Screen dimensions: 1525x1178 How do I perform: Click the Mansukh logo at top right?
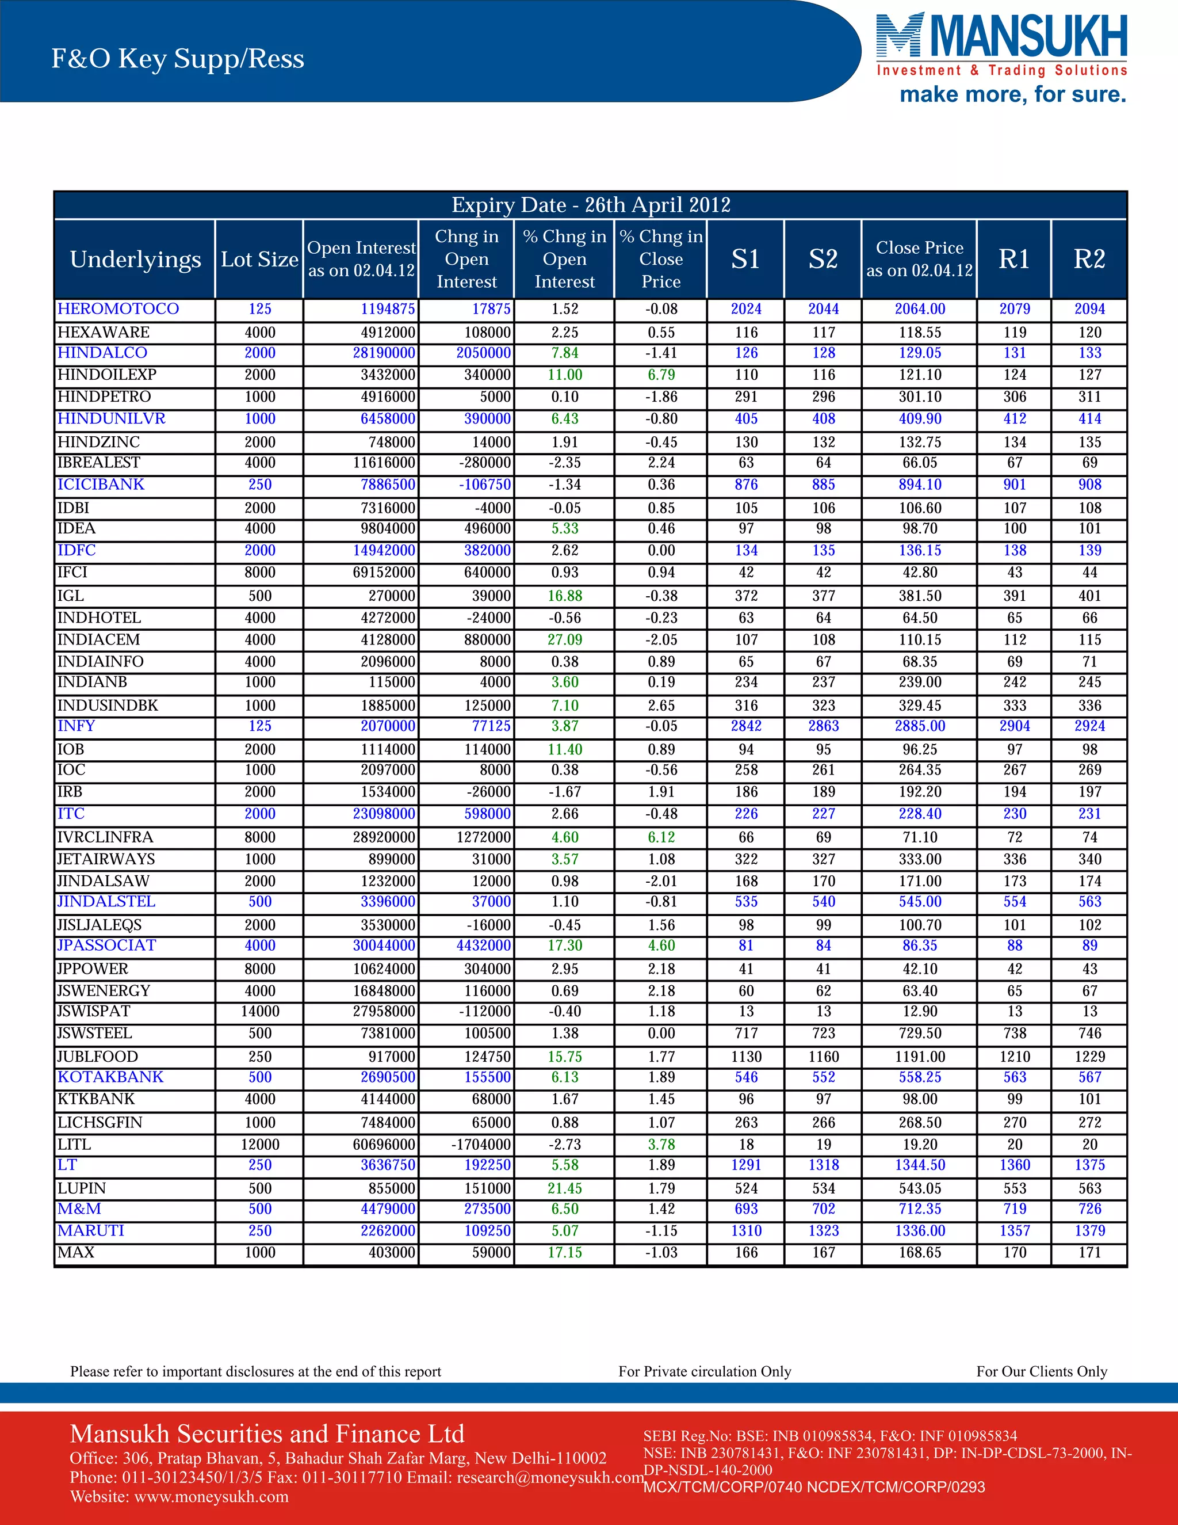point(1001,39)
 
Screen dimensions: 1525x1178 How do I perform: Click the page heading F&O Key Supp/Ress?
point(177,59)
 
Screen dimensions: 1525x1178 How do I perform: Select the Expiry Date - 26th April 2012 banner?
point(590,205)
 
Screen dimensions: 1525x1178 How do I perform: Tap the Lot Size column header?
point(259,259)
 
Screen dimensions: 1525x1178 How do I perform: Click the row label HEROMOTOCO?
point(118,308)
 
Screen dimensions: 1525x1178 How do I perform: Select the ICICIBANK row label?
point(101,485)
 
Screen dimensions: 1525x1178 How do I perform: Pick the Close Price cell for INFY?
point(919,726)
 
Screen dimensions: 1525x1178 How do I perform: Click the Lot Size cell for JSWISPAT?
point(259,1011)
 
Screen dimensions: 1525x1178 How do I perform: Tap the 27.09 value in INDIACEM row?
point(565,639)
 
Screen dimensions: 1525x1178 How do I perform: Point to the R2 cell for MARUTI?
point(1089,1231)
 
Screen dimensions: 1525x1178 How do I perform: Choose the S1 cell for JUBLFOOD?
point(746,1057)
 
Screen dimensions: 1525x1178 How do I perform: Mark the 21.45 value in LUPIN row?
point(565,1188)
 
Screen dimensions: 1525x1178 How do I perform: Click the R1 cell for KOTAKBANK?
point(1014,1077)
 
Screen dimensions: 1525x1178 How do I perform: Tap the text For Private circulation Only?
point(704,1371)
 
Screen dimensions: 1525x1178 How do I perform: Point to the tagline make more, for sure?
point(1012,94)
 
